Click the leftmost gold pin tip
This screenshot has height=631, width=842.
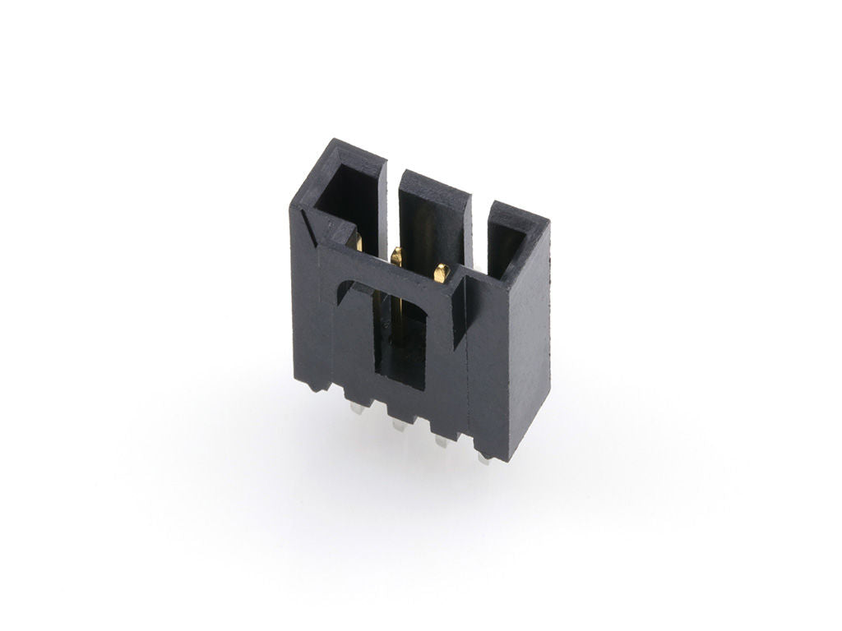(x=358, y=242)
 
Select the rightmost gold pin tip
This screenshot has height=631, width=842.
(x=442, y=272)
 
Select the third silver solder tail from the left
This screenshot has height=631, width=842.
(x=440, y=440)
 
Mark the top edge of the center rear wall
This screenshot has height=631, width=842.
(x=435, y=186)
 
